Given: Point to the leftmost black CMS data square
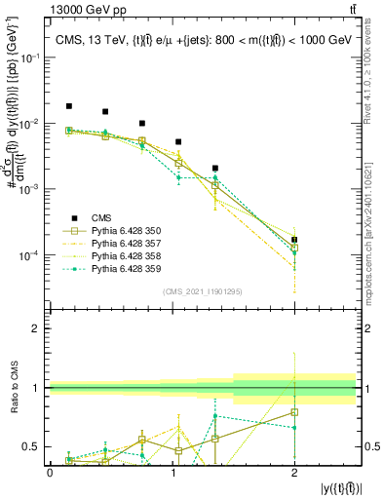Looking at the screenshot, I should tap(68, 106).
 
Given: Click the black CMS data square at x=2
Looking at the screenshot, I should tap(294, 240).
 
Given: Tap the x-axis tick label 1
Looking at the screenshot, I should tap(172, 472).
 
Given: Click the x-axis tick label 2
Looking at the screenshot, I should tap(294, 472).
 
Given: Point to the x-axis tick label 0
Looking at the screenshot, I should tap(50, 472).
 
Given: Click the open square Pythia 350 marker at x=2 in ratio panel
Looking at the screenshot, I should tap(294, 412).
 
